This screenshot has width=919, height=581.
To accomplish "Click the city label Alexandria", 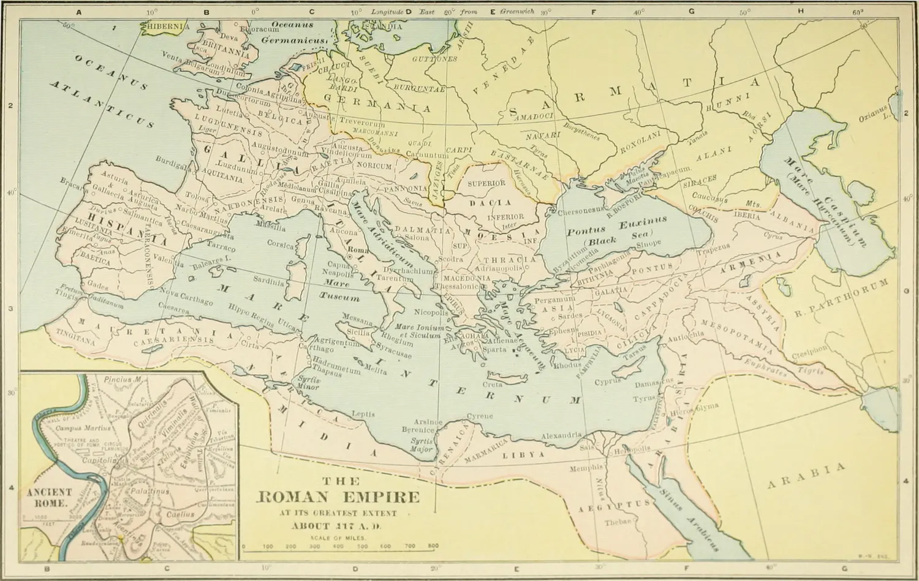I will point(561,436).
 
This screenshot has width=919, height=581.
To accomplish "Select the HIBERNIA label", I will point(165,27).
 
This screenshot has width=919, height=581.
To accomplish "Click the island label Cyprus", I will point(608,382).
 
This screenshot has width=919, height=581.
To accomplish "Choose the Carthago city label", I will point(315,348).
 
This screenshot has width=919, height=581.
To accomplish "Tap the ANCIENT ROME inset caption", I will point(49,497).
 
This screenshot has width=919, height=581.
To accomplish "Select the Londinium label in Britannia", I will point(225,66).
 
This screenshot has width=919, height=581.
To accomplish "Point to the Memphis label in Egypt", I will point(586,468).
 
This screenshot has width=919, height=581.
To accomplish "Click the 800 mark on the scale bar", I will point(433,545).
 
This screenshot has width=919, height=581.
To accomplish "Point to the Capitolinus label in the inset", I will point(97,459).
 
